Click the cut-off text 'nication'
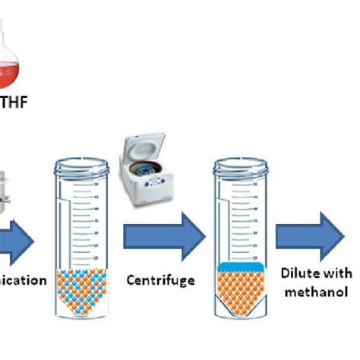pos(23,279)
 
